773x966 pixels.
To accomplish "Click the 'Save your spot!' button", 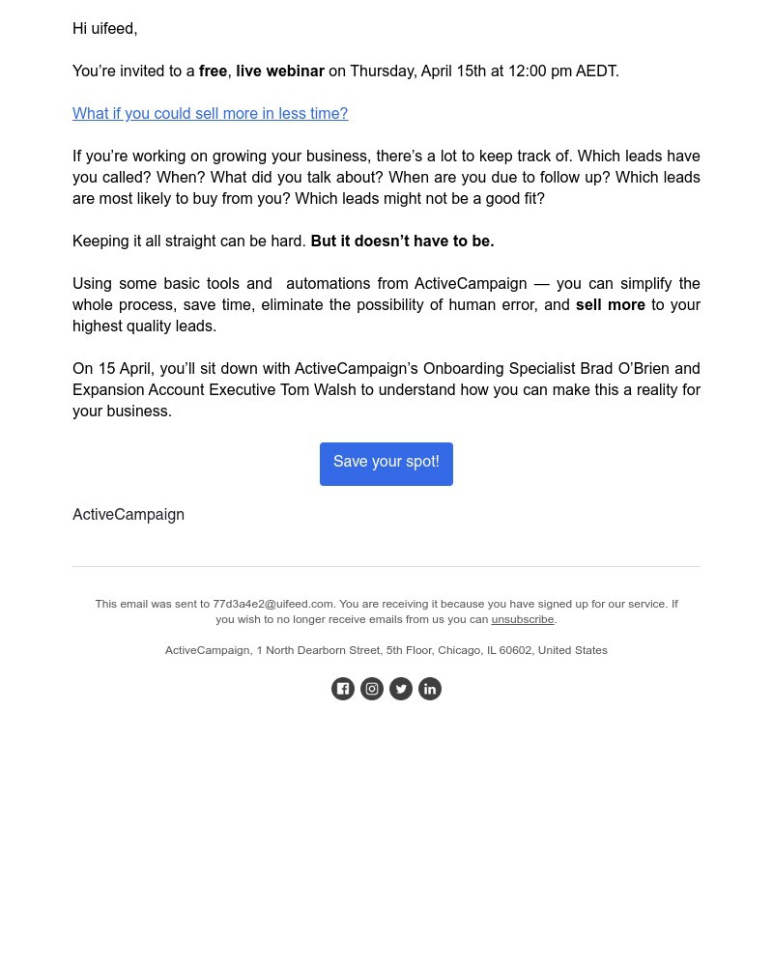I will coord(386,464).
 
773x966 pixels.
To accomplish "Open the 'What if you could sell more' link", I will coord(210,114).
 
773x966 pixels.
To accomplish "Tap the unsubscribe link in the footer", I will coord(522,620).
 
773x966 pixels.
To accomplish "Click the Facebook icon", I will coord(343,689).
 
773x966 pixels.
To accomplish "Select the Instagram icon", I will coord(372,689).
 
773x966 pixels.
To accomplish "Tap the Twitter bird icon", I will coord(401,689).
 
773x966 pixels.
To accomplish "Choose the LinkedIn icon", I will coord(430,689).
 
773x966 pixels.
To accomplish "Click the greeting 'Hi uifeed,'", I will coord(104,29).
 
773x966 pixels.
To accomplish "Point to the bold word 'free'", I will coord(213,71).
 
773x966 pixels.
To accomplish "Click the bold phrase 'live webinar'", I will coord(280,71).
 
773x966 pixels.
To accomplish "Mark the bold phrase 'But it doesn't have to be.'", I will coord(402,241).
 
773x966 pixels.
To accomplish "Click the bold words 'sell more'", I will coord(611,305).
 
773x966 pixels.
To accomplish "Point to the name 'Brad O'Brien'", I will coord(624,369).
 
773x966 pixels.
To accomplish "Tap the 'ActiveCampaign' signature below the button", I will coord(129,515).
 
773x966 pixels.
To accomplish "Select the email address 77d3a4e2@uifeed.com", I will coord(272,605).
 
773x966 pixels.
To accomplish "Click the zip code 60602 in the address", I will coord(515,651).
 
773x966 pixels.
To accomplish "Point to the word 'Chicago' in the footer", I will coord(459,651).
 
